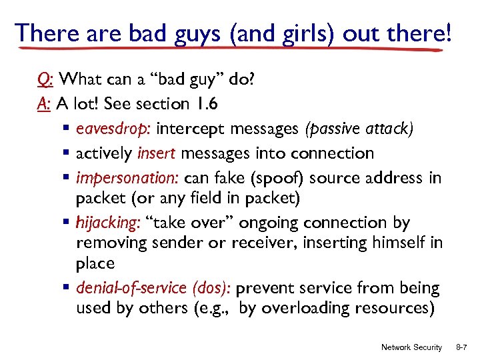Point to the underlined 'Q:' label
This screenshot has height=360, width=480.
point(46,81)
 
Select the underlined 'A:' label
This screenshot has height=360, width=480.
point(45,104)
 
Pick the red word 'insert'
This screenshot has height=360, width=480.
point(157,153)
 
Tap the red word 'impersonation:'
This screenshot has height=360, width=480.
point(127,178)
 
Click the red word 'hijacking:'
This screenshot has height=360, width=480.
point(105,222)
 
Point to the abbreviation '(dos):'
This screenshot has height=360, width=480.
point(212,289)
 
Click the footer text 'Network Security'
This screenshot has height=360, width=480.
point(411,347)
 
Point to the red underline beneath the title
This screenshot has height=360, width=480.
point(233,49)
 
